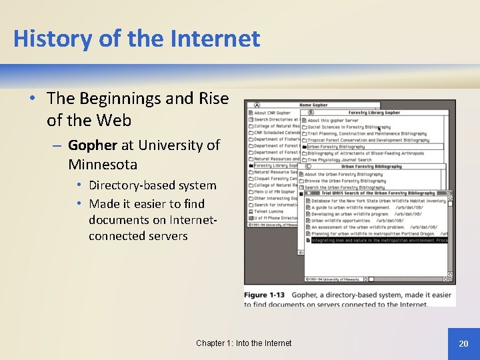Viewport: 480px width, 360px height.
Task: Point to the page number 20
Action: (x=463, y=343)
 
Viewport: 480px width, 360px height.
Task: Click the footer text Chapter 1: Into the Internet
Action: (x=243, y=343)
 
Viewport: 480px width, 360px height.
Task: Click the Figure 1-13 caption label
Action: (x=264, y=295)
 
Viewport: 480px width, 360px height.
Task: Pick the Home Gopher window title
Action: (x=313, y=105)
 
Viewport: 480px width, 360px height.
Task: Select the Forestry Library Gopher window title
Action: (x=374, y=113)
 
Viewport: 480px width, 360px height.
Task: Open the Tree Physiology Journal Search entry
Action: (x=339, y=160)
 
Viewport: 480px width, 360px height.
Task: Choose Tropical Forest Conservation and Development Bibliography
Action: (x=368, y=140)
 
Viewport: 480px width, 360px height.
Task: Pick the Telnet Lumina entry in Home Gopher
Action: (x=269, y=211)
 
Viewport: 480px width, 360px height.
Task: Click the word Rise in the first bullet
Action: (x=213, y=99)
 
